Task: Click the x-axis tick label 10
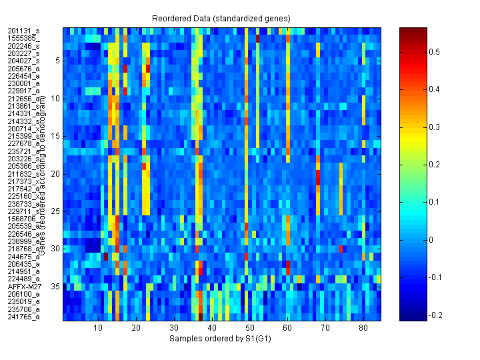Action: point(98,328)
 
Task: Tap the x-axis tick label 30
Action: point(173,328)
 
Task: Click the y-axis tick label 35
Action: point(56,286)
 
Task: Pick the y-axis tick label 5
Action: point(58,60)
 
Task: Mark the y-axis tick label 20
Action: point(56,173)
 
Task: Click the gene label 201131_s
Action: point(24,31)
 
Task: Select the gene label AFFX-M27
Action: point(24,286)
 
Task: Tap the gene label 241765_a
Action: point(24,317)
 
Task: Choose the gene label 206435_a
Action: point(24,264)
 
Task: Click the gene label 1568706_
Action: point(24,219)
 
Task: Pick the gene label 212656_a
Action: point(24,98)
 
